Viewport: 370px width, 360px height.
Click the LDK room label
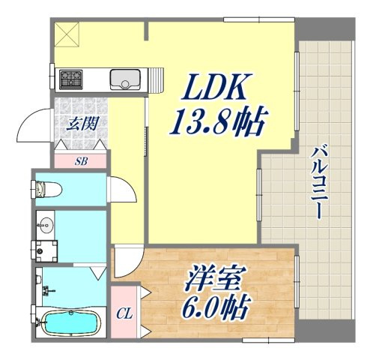[x=214, y=86]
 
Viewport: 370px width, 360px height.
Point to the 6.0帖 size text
[x=216, y=307]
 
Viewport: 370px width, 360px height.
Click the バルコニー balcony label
[x=317, y=182]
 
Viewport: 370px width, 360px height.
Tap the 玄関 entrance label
[x=82, y=124]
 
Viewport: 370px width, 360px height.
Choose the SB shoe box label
[x=82, y=161]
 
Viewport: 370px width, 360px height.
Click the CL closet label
[x=124, y=314]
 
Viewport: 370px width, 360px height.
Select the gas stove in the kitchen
[x=70, y=79]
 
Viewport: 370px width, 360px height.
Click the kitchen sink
[x=125, y=79]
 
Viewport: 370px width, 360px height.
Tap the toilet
[x=46, y=189]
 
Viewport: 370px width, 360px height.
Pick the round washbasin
[x=46, y=224]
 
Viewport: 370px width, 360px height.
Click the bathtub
[x=70, y=322]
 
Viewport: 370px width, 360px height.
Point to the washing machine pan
[x=44, y=251]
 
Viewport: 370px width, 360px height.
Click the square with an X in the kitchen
[x=67, y=34]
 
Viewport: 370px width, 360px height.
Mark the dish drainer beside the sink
[x=157, y=79]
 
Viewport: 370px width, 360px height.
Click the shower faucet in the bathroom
[x=48, y=290]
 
